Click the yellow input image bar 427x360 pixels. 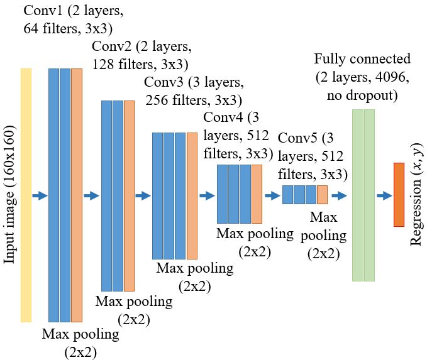tap(26, 195)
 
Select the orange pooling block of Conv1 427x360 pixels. tap(77, 195)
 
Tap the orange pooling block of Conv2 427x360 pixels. tap(129, 195)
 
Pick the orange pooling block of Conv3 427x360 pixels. tap(191, 195)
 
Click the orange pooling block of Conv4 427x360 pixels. tap(257, 194)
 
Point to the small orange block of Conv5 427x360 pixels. tap(322, 195)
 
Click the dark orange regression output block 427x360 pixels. tap(398, 194)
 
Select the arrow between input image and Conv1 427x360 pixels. tap(40, 196)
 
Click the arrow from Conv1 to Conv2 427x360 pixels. tap(92, 196)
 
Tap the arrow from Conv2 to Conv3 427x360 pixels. tap(143, 196)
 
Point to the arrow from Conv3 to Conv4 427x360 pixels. tap(207, 196)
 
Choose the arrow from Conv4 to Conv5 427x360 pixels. tap(272, 196)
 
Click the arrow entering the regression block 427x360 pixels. tap(384, 196)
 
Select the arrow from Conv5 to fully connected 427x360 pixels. tap(339, 196)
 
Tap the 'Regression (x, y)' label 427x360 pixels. tap(416, 195)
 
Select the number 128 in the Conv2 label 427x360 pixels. tap(104, 63)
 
